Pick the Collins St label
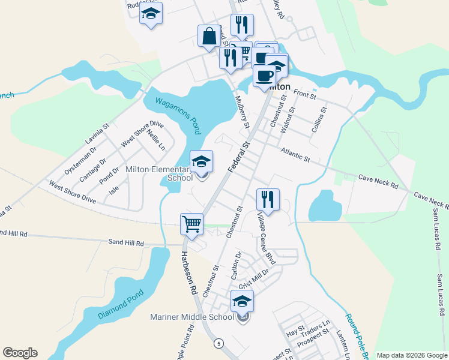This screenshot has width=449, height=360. coord(319,119)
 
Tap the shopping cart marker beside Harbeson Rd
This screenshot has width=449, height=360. coord(191,224)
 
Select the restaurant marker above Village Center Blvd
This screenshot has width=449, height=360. coord(267,199)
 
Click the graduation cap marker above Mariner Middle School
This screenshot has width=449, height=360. coord(242,301)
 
